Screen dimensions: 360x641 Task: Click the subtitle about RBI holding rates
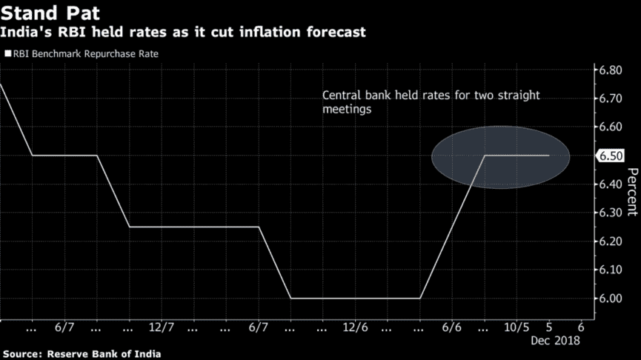click(182, 33)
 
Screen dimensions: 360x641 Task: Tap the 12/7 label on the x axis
click(161, 326)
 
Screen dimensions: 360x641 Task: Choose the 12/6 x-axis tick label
click(355, 326)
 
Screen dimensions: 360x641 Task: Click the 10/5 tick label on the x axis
click(516, 326)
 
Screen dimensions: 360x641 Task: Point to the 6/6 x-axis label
click(452, 326)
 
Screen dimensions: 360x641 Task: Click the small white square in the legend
click(7, 54)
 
